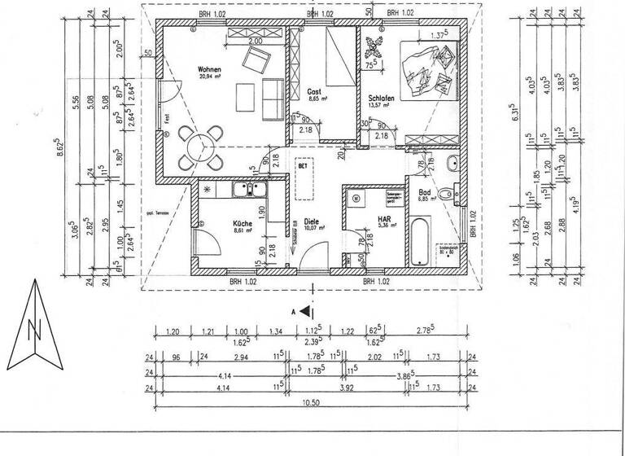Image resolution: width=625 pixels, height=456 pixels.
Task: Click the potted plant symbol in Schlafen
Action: pos(376,46)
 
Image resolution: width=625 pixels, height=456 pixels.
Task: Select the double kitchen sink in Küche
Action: pos(246,191)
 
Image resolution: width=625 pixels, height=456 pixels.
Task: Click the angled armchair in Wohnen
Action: pos(258,59)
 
